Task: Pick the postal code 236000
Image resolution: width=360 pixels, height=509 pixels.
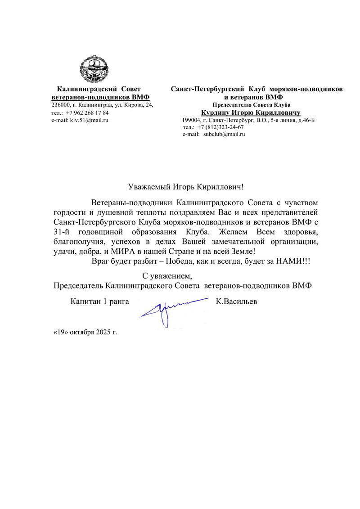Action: click(60, 105)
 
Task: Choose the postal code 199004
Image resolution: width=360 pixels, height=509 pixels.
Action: click(191, 120)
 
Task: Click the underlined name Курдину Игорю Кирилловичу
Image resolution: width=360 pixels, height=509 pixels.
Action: click(251, 112)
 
